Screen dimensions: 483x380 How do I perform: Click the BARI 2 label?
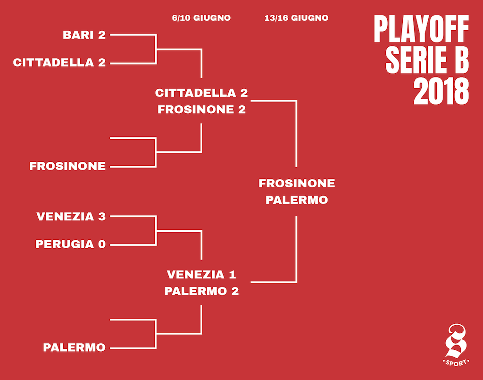tap(84, 35)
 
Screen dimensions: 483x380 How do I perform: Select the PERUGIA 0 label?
tap(71, 244)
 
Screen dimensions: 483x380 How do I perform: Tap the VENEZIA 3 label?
tap(71, 216)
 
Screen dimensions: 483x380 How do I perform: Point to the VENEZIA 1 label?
tap(201, 274)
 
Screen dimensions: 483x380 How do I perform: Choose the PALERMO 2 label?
tap(202, 291)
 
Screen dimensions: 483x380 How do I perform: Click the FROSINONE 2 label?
tap(202, 110)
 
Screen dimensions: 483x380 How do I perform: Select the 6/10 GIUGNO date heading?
tap(201, 18)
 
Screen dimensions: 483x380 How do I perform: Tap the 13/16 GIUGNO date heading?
tap(296, 18)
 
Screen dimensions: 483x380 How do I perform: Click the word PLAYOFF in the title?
tap(421, 29)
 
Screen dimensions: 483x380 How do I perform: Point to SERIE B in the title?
tap(427, 60)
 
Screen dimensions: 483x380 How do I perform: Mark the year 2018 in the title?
tap(441, 91)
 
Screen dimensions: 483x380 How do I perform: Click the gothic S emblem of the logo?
tap(456, 340)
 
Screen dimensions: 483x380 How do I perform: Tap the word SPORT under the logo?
tap(456, 363)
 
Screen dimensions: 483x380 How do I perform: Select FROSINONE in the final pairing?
tap(297, 183)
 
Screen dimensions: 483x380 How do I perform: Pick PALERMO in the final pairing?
tap(297, 200)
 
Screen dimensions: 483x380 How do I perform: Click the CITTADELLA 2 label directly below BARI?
tap(59, 63)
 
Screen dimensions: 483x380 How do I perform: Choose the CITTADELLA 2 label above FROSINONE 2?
tap(201, 93)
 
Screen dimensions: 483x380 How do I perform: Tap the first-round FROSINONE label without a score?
tap(67, 166)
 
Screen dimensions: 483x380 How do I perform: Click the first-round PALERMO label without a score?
tap(74, 347)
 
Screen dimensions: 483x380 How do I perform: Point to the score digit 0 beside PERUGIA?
tap(102, 244)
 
